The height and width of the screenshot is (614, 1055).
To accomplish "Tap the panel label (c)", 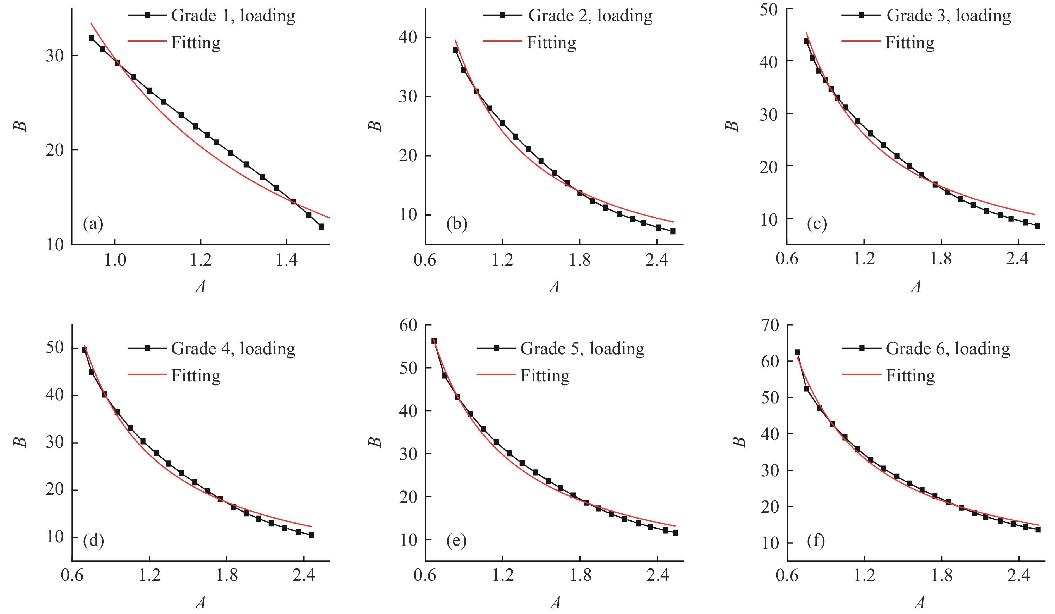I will click(x=817, y=224).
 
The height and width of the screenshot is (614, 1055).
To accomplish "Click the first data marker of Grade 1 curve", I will click(x=91, y=38).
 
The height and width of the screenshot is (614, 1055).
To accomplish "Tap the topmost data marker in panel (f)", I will click(x=797, y=352).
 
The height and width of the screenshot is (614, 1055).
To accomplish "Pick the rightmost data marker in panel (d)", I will click(x=311, y=535).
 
